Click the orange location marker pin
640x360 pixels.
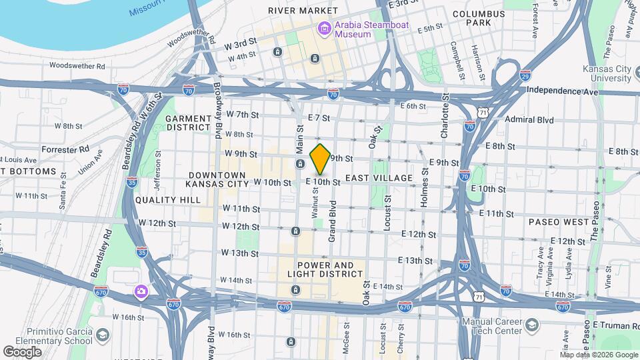pos(320,159)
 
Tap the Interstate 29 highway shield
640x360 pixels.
pos(526,75)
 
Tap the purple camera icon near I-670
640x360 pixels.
pos(141,291)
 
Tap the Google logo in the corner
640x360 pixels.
pos(23,351)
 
